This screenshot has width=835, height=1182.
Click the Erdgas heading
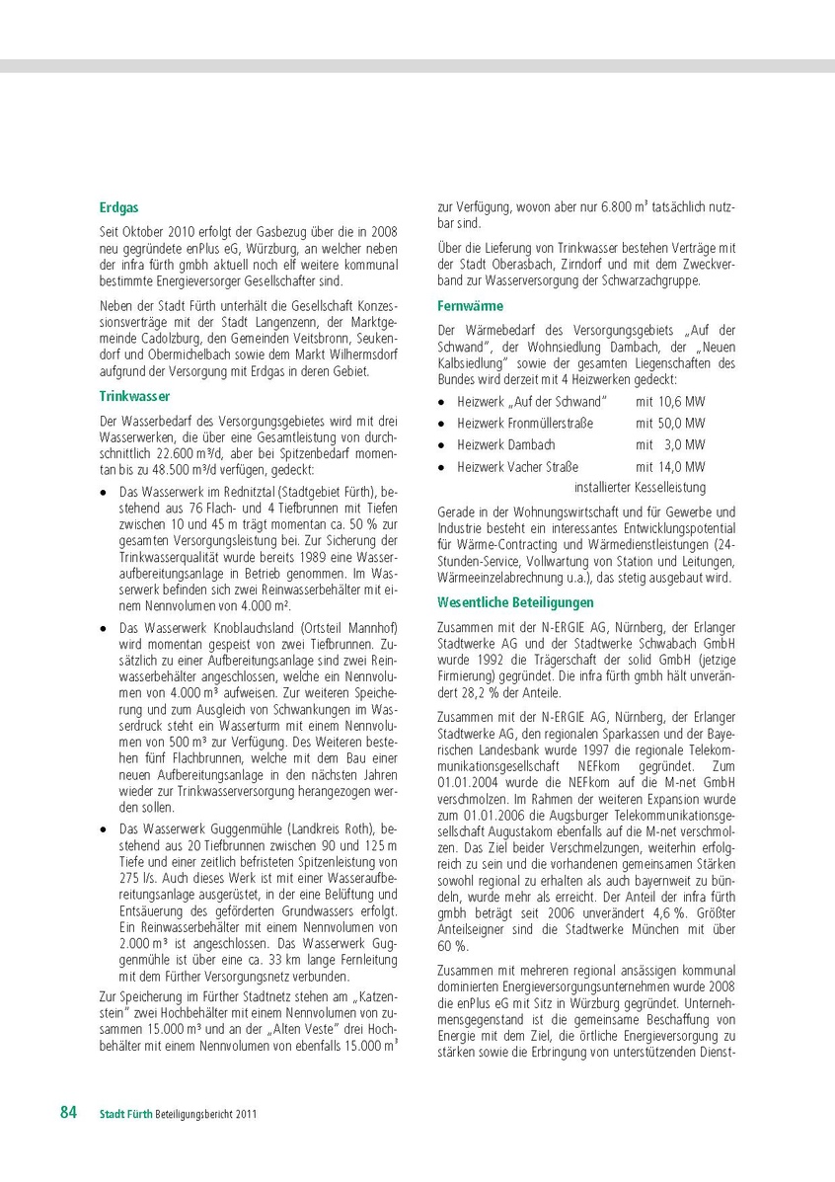[117, 208]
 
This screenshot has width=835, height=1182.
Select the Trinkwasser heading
[135, 395]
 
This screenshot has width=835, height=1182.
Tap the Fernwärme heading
[471, 306]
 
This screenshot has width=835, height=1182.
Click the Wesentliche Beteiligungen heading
[515, 601]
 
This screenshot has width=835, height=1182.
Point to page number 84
[68, 1113]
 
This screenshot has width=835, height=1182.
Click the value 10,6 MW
[670, 402]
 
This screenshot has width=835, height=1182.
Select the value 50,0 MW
[670, 424]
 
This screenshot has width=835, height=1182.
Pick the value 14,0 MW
[670, 467]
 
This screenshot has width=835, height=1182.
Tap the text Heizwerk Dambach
[506, 445]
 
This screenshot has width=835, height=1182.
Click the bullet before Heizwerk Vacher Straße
[443, 468]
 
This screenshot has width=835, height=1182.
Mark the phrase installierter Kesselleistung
[640, 488]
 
